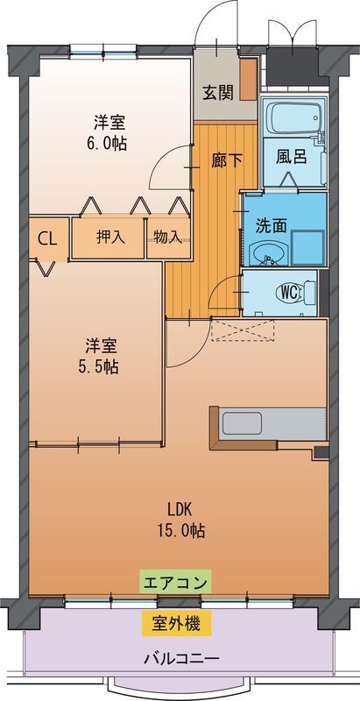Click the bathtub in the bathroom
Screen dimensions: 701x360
(x=293, y=117)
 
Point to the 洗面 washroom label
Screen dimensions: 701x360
(x=271, y=224)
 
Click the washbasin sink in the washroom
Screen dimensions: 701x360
(x=267, y=254)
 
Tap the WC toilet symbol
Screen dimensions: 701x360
(x=290, y=293)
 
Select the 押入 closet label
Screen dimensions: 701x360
(x=109, y=237)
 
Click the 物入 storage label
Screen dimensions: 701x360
(x=168, y=237)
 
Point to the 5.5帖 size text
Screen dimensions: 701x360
(x=96, y=367)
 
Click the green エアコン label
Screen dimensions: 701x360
(x=175, y=582)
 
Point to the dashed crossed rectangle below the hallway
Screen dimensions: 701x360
(x=243, y=330)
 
